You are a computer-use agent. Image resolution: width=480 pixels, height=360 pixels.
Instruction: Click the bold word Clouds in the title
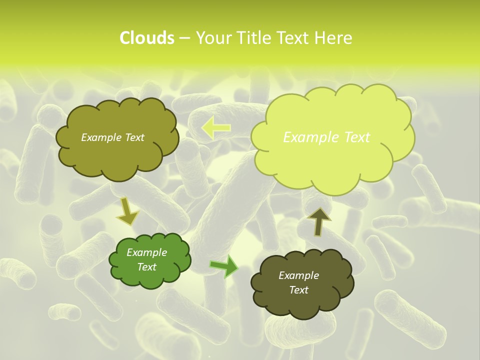[146, 38]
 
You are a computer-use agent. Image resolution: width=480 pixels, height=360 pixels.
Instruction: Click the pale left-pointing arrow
[216, 128]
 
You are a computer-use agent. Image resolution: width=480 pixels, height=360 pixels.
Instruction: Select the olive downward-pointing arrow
[127, 212]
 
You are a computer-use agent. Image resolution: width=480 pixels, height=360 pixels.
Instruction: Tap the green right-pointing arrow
[224, 266]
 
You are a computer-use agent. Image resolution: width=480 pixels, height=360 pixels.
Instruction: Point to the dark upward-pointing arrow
[319, 221]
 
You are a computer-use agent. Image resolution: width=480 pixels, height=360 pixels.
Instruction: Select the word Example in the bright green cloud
[146, 252]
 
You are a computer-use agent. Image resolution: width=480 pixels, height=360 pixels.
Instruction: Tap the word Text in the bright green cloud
[146, 267]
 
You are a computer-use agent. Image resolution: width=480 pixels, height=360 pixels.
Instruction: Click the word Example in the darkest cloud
[298, 275]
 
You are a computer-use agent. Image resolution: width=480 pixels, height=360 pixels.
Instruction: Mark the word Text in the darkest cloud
[298, 290]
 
